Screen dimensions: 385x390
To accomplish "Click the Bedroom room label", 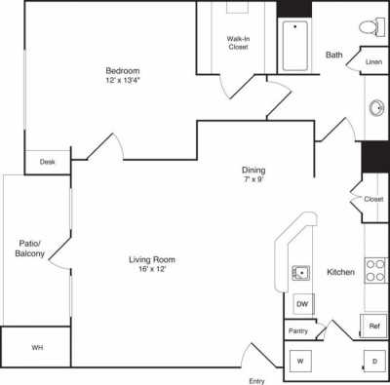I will point(124,70).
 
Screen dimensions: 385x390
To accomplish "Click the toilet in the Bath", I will point(368,26).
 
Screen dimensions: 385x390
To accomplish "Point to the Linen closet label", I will point(373,61).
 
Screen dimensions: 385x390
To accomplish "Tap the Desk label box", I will point(46,163).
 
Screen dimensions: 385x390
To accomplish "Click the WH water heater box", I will point(36,347).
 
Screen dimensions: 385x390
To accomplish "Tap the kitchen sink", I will point(300,272).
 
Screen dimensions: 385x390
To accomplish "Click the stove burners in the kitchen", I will point(376,270).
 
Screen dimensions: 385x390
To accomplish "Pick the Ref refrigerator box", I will point(374,326).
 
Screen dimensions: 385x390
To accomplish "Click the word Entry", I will point(257,379).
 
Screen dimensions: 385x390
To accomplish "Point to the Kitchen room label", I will point(339,271).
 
